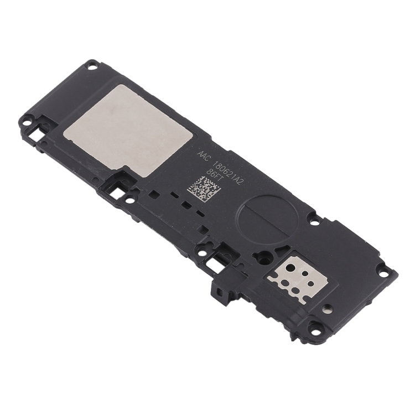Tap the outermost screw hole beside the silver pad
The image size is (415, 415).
coord(27,122)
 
